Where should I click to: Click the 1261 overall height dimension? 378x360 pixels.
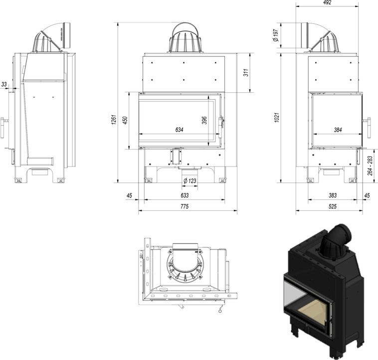[x=114, y=120]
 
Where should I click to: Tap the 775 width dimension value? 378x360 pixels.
[x=185, y=206]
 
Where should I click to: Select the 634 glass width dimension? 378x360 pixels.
[x=179, y=130]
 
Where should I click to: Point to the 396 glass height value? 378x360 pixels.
[x=204, y=120]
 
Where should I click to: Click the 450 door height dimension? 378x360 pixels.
[x=125, y=120]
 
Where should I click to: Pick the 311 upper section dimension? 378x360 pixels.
[x=246, y=72]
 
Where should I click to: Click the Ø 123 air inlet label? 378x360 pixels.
[x=189, y=180]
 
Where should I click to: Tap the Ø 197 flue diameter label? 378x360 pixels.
[x=276, y=35]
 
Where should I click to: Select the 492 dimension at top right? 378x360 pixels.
[x=327, y=2]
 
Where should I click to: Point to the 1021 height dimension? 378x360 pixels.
[x=277, y=117]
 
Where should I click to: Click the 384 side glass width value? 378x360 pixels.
[x=338, y=130]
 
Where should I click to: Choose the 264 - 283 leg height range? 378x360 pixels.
[x=370, y=166]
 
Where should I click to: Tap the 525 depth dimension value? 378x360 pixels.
[x=332, y=206]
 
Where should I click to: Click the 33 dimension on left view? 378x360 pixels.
[x=4, y=84]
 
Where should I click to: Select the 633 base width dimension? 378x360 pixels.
[x=185, y=195]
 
